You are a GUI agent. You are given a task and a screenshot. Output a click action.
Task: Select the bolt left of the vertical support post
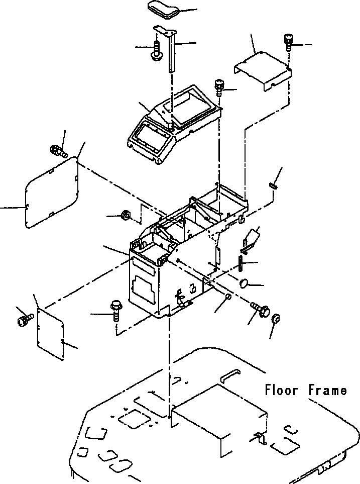(156, 49)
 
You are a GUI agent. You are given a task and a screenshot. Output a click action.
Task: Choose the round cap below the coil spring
(245, 283)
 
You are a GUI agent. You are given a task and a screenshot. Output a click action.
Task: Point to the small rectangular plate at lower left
(51, 334)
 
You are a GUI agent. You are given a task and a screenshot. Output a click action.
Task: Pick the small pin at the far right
(274, 185)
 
